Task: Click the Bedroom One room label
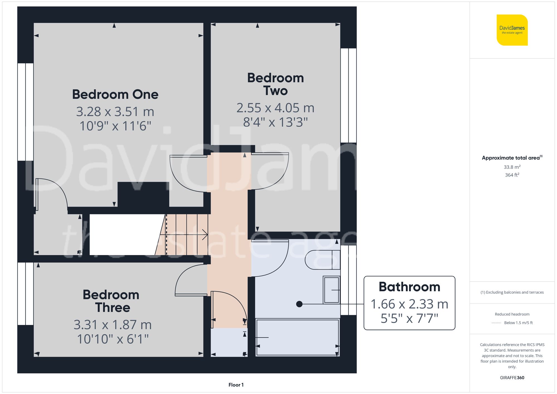click(x=115, y=95)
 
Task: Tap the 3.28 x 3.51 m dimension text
click(x=115, y=112)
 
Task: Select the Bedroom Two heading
click(x=275, y=84)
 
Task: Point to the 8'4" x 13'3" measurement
click(x=275, y=122)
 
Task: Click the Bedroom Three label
click(x=111, y=301)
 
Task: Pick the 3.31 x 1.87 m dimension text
click(x=113, y=325)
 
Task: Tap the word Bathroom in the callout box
click(x=409, y=287)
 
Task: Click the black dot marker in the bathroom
click(x=299, y=304)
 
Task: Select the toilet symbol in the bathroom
click(x=322, y=260)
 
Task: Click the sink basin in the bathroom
click(x=331, y=290)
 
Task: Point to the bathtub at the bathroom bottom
click(x=297, y=337)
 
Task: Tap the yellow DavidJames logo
click(x=512, y=30)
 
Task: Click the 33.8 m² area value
click(x=512, y=167)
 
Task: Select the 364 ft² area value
click(x=512, y=175)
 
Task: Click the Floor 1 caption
click(x=236, y=385)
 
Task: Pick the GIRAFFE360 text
click(x=512, y=378)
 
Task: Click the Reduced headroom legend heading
click(x=512, y=314)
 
